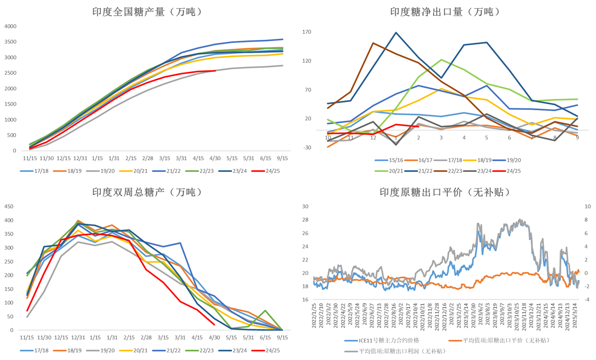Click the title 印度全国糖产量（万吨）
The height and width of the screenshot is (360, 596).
pos(147,12)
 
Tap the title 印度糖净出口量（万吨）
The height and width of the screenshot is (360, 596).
pos(445,12)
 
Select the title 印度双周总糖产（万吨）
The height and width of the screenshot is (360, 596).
pos(147,192)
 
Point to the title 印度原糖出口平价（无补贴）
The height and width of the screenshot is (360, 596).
pos(445,192)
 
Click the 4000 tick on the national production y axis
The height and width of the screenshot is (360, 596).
pos(10,26)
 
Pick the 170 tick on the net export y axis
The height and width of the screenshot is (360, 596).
pos(307,32)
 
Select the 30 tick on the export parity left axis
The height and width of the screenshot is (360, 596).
pos(305,207)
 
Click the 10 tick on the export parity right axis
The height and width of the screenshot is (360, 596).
pos(588,207)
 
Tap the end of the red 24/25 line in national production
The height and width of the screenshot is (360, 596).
pos(215,71)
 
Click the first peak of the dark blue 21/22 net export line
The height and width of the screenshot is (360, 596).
pos(396,33)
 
